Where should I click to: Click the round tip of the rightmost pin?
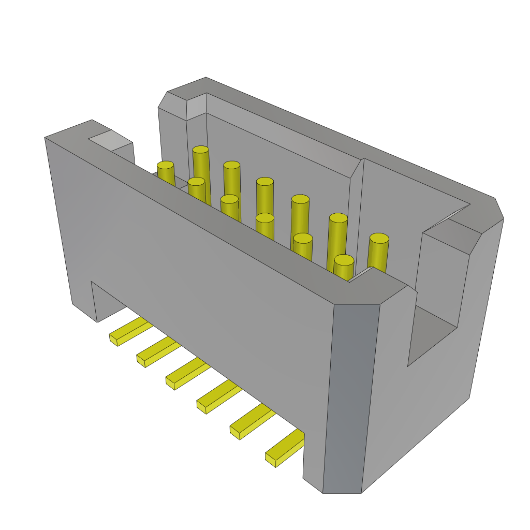click(x=379, y=238)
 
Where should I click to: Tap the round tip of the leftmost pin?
click(x=166, y=165)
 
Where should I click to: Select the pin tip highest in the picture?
click(x=201, y=150)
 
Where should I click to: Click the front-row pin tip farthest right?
click(x=344, y=260)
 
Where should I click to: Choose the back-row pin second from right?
click(x=338, y=218)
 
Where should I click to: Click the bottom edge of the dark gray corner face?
click(x=342, y=492)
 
